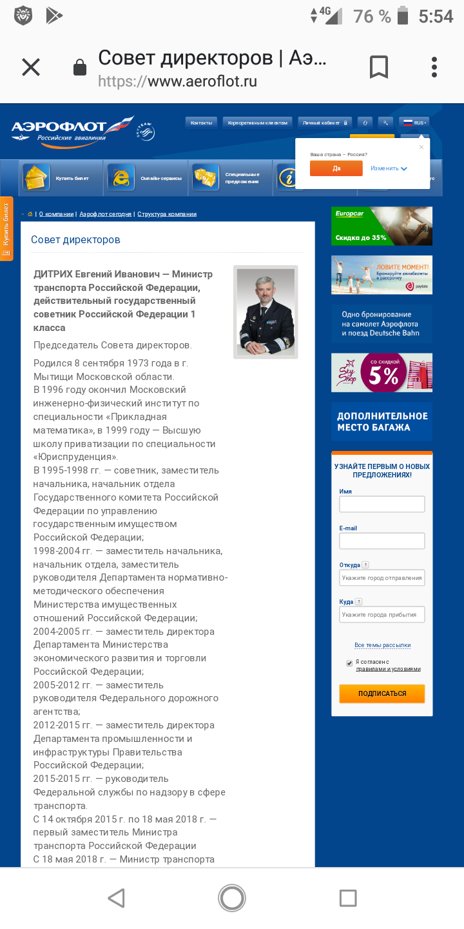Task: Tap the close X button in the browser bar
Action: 31,67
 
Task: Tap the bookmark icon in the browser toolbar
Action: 378,67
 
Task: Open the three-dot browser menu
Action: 434,67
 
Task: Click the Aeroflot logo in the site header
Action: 72,131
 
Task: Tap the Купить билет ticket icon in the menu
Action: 37,177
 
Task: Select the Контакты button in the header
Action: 201,123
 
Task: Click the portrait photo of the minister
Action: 266,312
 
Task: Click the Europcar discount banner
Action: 382,226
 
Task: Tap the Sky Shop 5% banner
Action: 382,372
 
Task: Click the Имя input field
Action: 382,504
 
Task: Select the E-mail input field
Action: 382,541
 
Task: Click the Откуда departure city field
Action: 382,578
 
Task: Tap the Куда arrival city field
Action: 382,615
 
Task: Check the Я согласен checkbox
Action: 349,663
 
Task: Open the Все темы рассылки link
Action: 382,645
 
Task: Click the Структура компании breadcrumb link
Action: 167,214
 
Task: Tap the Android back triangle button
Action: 117,898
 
